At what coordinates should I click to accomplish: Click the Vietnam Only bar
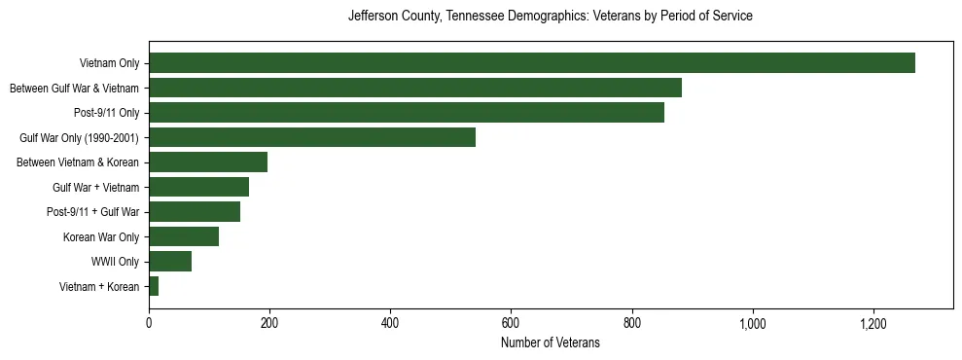point(532,63)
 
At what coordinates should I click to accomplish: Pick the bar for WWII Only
point(170,261)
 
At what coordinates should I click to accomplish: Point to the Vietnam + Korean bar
point(154,286)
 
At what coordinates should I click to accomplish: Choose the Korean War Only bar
point(184,236)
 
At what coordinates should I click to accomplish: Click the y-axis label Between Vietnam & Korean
point(78,162)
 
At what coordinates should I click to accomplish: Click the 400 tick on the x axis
point(390,323)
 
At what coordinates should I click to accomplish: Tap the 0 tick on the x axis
point(149,323)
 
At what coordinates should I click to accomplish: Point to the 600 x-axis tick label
point(511,323)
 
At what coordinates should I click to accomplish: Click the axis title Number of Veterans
point(551,343)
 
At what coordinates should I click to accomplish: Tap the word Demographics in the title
point(536,17)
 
